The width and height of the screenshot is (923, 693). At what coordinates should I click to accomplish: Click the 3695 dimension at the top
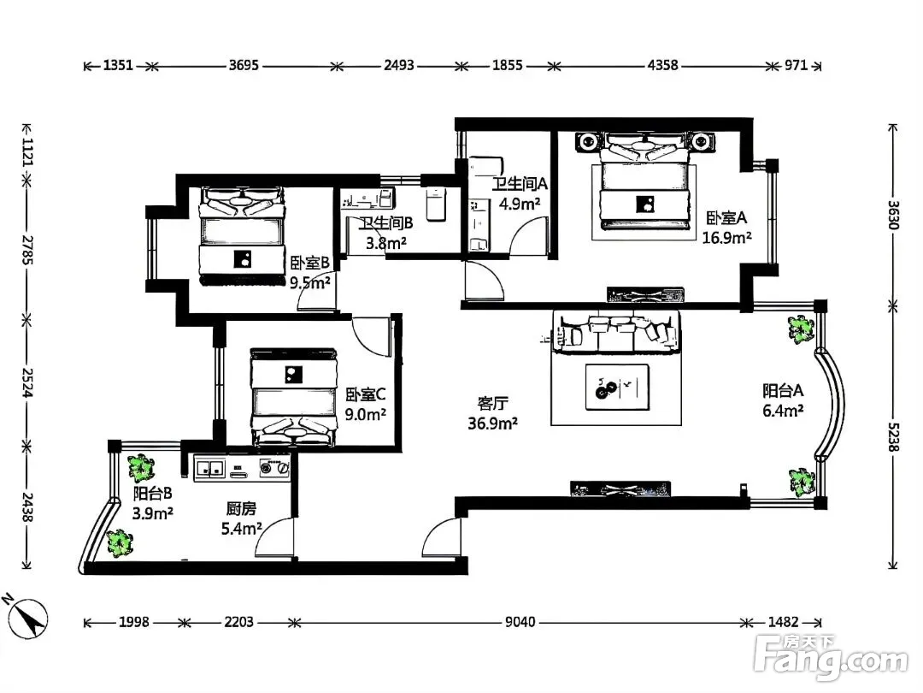244,65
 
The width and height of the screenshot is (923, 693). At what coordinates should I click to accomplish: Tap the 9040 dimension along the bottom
520,622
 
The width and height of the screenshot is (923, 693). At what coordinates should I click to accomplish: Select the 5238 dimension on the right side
894,437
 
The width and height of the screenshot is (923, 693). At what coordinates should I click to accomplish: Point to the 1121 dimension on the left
27,151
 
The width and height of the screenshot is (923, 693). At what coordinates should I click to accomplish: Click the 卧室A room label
726,217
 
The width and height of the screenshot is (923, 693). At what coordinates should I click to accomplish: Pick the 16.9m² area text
726,238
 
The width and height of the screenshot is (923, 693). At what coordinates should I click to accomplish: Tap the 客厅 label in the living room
493,403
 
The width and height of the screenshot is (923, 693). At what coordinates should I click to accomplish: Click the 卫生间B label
386,222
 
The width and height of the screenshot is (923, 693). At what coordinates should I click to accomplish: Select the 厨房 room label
241,508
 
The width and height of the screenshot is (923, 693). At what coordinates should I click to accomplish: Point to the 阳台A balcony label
783,390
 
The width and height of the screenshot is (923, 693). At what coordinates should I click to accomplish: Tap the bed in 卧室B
242,236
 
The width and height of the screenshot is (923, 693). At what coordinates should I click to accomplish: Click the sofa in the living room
615,332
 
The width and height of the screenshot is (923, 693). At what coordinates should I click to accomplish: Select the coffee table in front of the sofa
618,387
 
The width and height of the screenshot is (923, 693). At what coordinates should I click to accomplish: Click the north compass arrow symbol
27,619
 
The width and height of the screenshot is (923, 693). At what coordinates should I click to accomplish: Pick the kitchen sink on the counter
210,468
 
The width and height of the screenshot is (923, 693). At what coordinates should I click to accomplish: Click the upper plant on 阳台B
141,469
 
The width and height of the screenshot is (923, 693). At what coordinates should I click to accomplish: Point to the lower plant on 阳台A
801,482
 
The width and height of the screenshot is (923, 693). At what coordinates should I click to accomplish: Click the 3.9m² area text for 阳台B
152,513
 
